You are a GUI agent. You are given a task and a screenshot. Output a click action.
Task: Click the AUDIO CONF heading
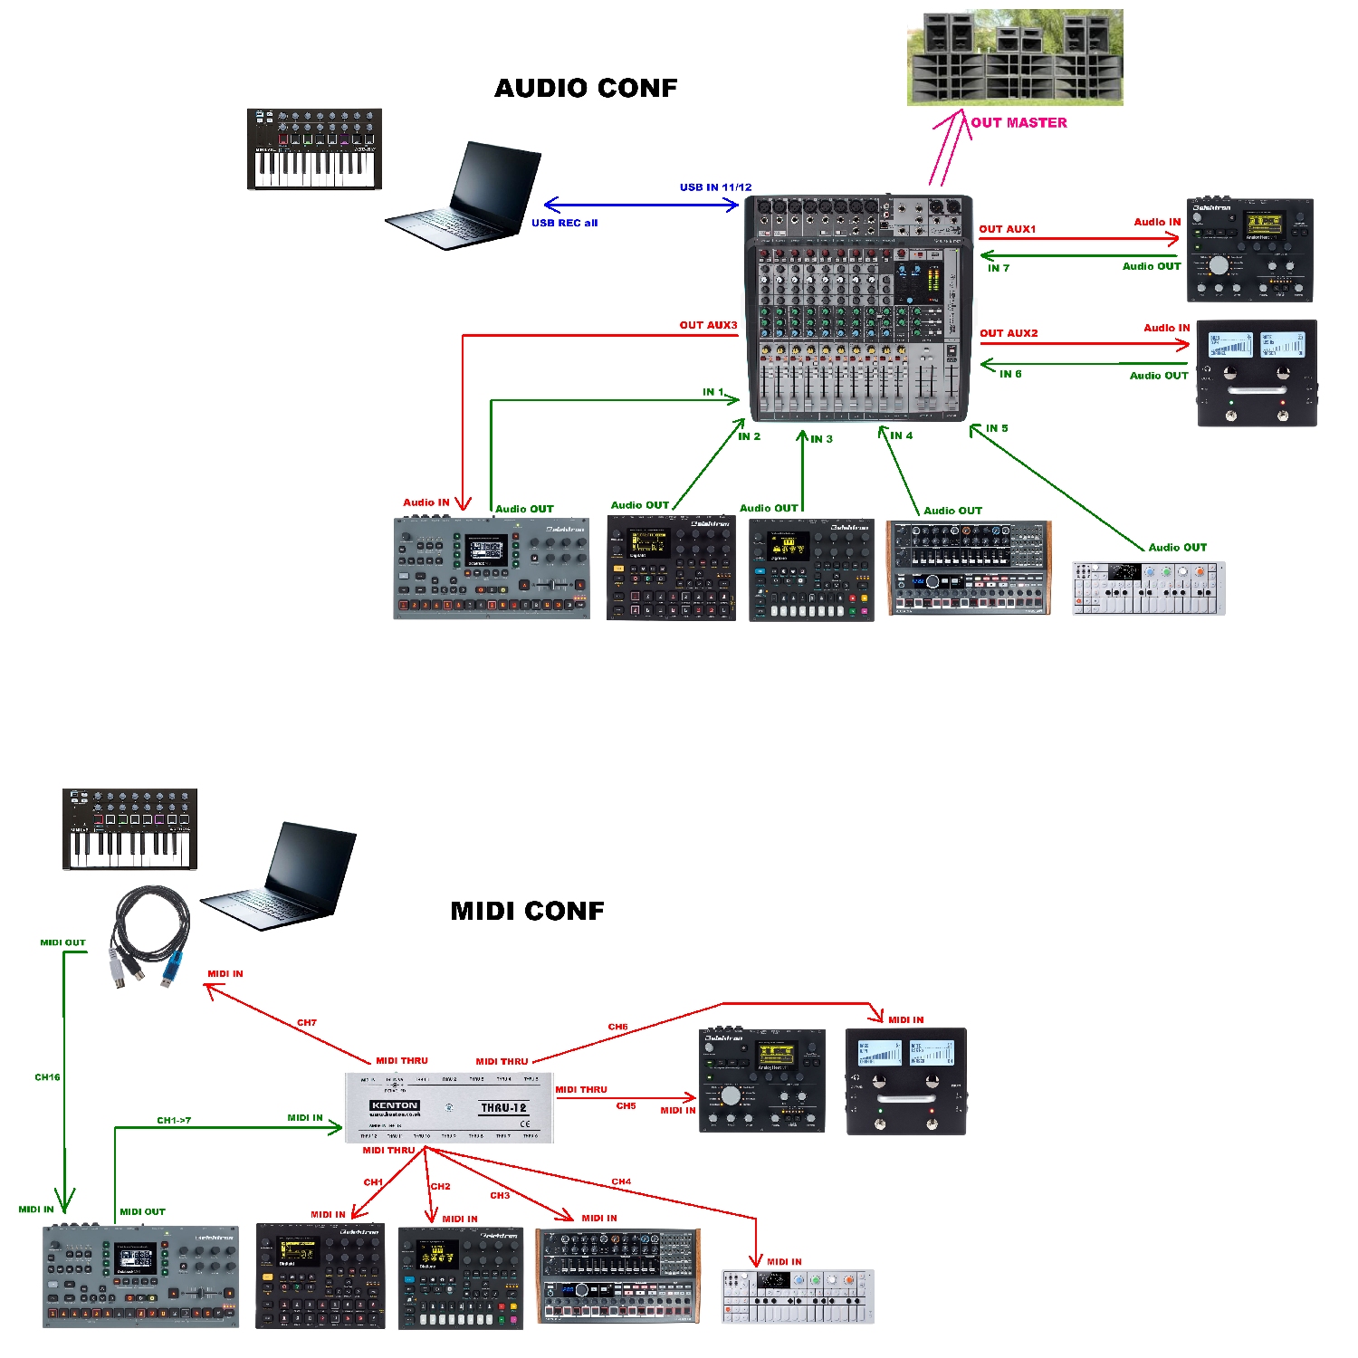[586, 88]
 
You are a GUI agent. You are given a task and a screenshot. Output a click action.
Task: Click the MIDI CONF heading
[527, 911]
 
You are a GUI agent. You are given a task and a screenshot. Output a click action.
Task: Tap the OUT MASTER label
[1018, 123]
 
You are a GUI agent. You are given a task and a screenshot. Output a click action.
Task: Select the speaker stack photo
[1015, 58]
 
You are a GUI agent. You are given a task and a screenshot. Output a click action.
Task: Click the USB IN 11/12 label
[715, 187]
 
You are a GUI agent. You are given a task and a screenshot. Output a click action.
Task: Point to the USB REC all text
[564, 223]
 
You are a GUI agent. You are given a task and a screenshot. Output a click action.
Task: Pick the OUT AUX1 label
[1007, 229]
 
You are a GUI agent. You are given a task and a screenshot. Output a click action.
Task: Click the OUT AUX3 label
[708, 325]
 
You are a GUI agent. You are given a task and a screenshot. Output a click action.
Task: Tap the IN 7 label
[998, 268]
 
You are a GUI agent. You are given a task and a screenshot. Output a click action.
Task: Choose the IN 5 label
[996, 428]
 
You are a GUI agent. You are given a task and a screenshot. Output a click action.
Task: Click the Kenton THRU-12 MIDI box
[449, 1107]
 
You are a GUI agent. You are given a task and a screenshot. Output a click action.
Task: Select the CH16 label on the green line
[47, 1077]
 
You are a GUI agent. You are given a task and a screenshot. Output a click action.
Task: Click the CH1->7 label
[174, 1121]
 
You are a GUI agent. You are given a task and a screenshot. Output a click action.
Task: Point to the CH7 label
[307, 1023]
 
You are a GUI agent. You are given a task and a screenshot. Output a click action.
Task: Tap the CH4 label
[621, 1181]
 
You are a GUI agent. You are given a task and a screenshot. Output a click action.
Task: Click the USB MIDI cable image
[148, 937]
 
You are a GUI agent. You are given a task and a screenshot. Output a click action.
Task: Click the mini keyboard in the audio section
[314, 149]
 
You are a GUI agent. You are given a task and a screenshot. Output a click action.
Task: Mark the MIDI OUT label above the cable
[62, 942]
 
